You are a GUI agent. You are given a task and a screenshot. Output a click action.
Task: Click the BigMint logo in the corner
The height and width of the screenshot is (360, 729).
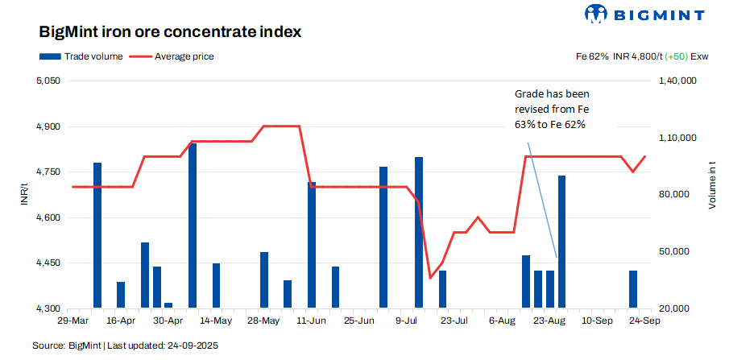[644, 14]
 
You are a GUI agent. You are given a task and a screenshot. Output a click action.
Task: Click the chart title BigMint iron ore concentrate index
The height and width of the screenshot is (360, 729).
[170, 33]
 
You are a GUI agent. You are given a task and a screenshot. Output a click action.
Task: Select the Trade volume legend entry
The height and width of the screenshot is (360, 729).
[81, 56]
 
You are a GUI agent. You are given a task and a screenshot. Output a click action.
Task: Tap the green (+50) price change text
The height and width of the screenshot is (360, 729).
[677, 56]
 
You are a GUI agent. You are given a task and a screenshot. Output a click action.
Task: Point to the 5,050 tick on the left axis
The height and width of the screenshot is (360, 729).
[49, 81]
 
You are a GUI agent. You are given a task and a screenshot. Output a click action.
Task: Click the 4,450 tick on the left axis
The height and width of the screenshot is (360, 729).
[49, 263]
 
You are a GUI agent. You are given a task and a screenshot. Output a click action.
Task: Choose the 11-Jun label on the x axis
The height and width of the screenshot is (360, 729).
[312, 320]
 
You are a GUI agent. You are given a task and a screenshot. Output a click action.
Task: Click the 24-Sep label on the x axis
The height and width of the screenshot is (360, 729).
[645, 320]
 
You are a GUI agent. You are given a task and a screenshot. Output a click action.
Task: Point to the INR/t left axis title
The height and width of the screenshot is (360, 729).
[25, 195]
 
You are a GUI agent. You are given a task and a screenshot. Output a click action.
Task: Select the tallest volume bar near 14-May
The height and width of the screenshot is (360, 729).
[193, 226]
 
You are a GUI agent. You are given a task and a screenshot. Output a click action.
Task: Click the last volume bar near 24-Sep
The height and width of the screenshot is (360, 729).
[633, 289]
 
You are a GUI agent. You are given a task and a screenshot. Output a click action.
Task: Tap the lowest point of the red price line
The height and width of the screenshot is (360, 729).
[430, 278]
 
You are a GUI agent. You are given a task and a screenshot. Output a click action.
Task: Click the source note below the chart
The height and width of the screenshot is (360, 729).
[125, 346]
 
